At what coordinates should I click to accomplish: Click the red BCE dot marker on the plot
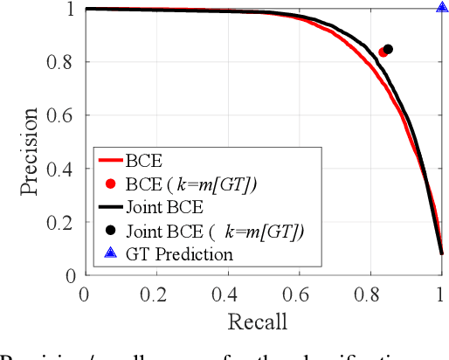(x=383, y=52)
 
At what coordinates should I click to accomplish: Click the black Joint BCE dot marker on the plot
(x=389, y=50)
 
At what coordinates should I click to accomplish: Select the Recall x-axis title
(x=258, y=322)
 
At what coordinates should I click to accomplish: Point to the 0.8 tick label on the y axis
(x=63, y=62)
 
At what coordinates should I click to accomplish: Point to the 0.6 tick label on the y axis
(x=63, y=115)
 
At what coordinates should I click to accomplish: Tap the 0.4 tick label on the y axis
(x=63, y=169)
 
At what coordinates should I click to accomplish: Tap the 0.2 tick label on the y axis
(x=63, y=222)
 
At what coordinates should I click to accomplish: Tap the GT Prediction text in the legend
(x=179, y=255)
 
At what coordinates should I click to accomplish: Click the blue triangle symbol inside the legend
(x=109, y=254)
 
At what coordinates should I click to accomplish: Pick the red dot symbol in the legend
(x=109, y=183)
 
